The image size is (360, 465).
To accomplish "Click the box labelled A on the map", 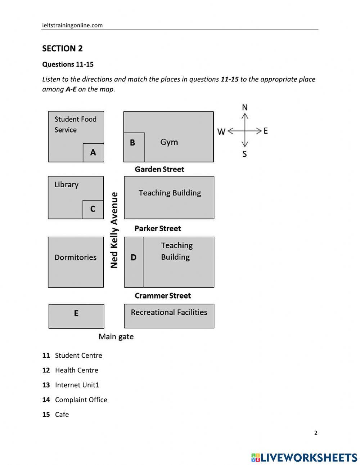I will point(93,152).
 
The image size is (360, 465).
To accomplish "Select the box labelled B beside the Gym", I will point(134,147).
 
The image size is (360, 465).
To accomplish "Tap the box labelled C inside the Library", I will point(93,209).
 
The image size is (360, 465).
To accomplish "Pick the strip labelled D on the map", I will point(134,262).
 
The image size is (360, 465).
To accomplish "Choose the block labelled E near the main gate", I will point(76,316).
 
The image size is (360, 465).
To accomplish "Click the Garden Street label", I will point(159,169).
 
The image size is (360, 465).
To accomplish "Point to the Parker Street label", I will point(158,228).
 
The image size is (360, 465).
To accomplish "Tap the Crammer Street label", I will point(163,296).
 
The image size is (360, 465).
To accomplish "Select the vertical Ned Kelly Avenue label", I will point(114,230).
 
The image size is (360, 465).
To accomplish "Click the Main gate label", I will point(116,337).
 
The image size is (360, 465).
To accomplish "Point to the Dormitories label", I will point(76,258).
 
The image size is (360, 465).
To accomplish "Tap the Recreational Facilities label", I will point(169,312).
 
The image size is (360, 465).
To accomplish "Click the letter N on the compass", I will point(245,107).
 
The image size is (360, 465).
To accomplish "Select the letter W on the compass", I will point(221,131).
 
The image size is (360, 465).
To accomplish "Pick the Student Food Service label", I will point(75,124).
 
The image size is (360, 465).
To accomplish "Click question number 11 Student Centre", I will point(72,356).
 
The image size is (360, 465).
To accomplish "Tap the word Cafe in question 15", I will point(62,415).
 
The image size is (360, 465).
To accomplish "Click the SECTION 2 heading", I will point(62,49).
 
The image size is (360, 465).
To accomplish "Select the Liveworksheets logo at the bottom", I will point(304,457).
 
